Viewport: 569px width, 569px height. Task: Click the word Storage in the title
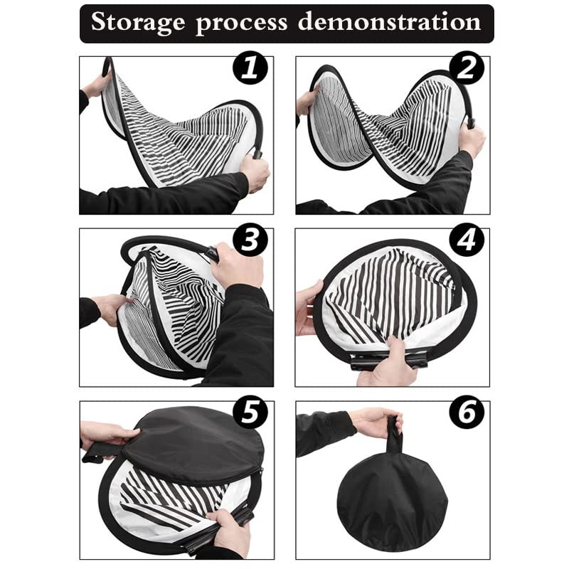point(138,23)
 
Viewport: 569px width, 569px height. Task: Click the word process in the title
point(243,23)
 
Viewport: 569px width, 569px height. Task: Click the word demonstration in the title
point(390,23)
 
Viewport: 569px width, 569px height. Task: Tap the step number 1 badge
point(249,70)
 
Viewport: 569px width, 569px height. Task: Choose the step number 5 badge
point(250,413)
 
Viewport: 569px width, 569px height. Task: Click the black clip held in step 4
point(388,358)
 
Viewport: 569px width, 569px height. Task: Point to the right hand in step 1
point(255,172)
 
